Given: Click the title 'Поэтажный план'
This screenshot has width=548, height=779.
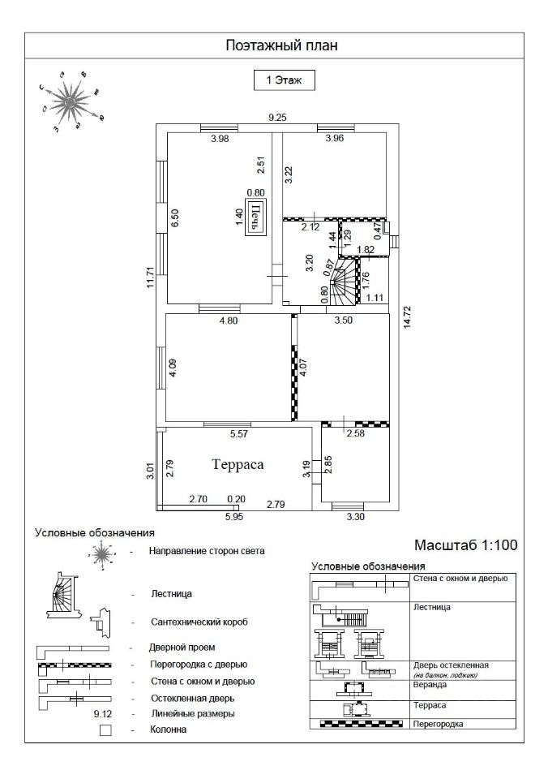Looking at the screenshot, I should pyautogui.click(x=280, y=45).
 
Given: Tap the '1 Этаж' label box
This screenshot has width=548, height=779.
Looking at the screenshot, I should pyautogui.click(x=280, y=80).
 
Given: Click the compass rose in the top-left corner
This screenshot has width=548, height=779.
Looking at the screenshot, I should pyautogui.click(x=71, y=101).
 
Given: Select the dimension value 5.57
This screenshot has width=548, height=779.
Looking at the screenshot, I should pyautogui.click(x=238, y=434).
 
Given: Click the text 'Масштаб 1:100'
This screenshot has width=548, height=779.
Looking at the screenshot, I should pyautogui.click(x=465, y=544).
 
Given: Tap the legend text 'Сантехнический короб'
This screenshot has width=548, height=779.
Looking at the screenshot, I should pyautogui.click(x=199, y=622).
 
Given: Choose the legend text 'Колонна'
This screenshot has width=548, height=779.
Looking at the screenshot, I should pyautogui.click(x=169, y=730).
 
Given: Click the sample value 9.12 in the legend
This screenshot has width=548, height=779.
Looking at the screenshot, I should pyautogui.click(x=102, y=713).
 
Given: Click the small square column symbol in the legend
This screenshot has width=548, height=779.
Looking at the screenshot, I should pyautogui.click(x=105, y=730).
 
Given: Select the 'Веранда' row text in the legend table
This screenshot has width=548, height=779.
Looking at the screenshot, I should pyautogui.click(x=429, y=683).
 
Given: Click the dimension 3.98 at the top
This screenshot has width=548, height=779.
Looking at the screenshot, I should pyautogui.click(x=220, y=139).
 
